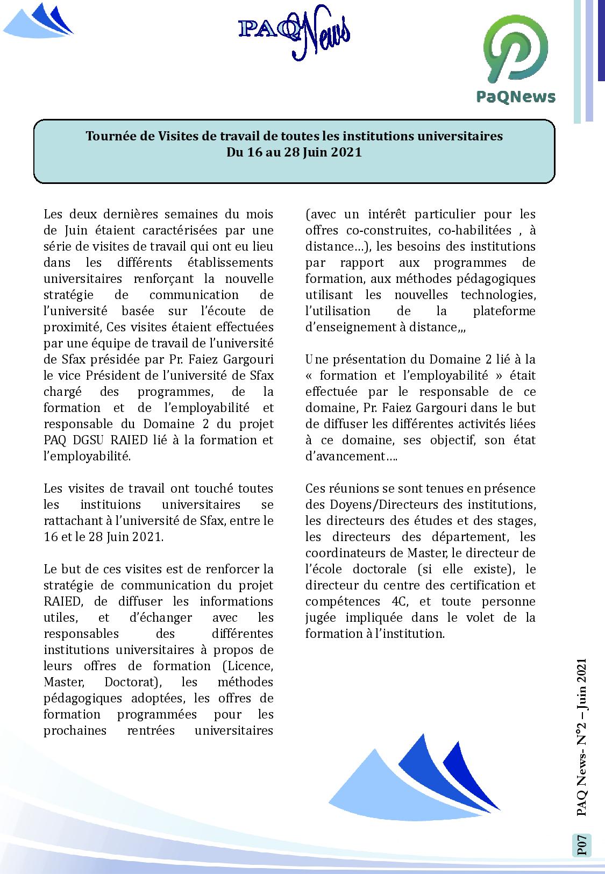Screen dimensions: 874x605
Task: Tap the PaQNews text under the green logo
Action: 516,97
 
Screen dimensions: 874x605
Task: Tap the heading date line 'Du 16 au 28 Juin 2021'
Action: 294,152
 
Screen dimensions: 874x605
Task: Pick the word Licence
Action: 247,666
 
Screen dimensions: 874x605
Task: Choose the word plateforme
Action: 504,311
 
